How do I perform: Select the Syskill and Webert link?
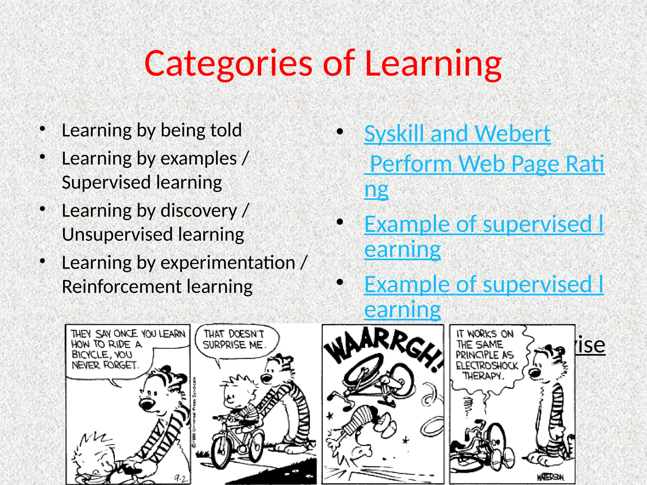(x=457, y=134)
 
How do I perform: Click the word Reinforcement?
(x=121, y=287)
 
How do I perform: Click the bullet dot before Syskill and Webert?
(x=340, y=132)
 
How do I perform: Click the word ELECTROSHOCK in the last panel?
(x=487, y=366)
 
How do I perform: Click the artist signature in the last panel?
(x=549, y=477)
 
